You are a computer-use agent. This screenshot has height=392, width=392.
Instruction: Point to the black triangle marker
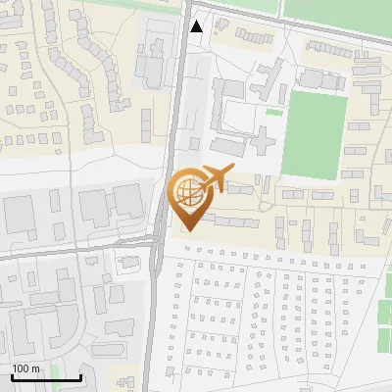coord(197,26)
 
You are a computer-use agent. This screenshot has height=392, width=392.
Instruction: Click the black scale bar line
coord(46,376)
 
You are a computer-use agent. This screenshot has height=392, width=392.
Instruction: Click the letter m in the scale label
coord(35,367)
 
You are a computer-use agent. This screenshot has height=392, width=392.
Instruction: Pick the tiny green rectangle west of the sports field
coord(273,111)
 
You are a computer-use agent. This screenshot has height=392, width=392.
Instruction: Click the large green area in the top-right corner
coord(338,12)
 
